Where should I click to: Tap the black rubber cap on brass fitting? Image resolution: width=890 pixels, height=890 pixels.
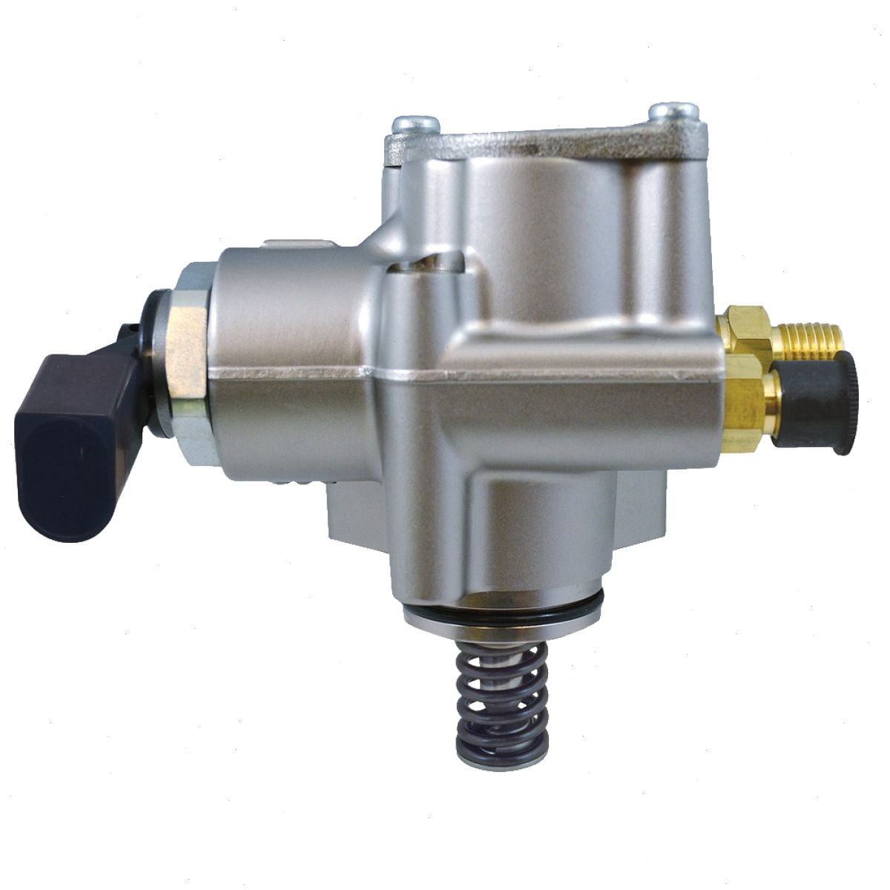[x=817, y=400]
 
